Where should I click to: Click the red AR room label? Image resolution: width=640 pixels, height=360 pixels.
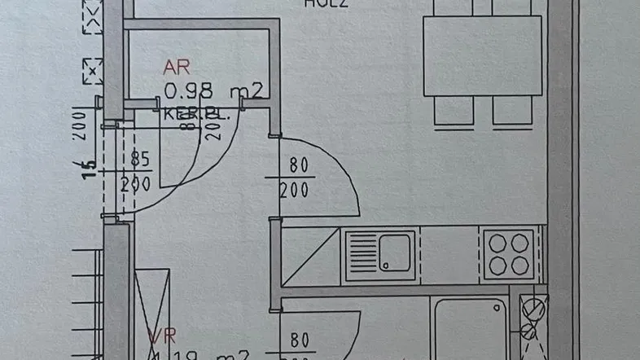click(177, 68)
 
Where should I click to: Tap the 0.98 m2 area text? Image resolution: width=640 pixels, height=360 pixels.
click(213, 90)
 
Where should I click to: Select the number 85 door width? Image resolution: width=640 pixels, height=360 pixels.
click(140, 160)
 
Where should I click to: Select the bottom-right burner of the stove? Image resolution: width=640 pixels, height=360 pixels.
click(519, 265)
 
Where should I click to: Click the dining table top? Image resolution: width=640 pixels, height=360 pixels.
click(482, 55)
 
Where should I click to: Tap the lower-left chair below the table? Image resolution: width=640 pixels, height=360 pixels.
click(454, 111)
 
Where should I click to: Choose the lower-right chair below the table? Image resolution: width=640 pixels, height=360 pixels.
click(512, 111)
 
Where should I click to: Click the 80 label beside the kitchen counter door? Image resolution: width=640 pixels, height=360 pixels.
click(299, 165)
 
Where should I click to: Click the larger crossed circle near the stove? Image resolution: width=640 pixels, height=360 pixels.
click(532, 310)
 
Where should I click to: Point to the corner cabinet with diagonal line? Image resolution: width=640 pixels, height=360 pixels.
click(309, 257)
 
